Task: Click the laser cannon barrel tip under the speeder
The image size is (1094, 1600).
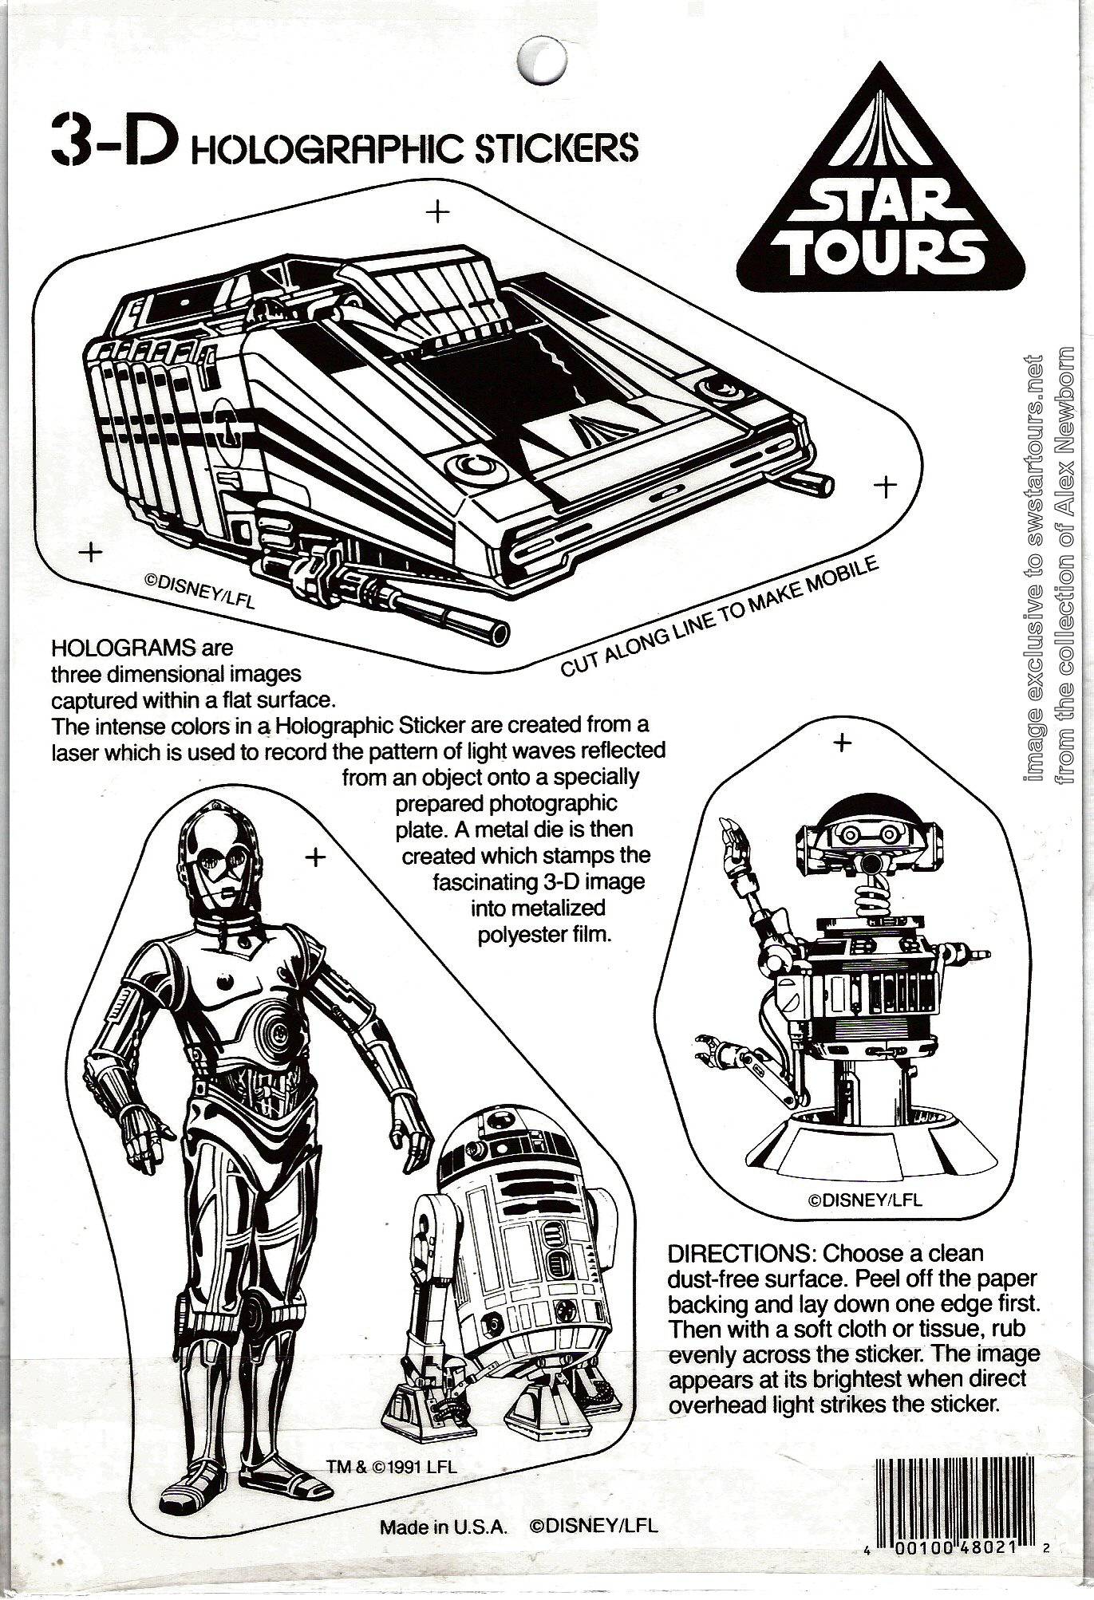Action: (500, 633)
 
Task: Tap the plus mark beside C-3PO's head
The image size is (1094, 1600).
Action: (317, 857)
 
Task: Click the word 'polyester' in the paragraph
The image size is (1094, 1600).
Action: (518, 935)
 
